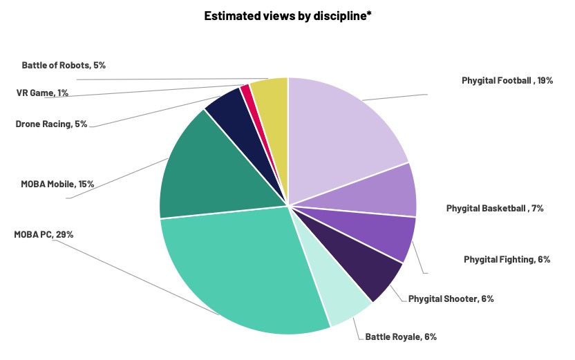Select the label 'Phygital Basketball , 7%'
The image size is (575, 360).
(x=495, y=207)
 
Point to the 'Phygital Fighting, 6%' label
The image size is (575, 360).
(x=507, y=259)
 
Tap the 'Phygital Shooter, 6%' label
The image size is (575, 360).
(x=451, y=299)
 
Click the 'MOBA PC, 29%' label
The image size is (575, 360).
(x=44, y=234)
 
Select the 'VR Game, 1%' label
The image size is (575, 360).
(x=42, y=93)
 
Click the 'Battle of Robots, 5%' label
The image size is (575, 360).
(x=64, y=65)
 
